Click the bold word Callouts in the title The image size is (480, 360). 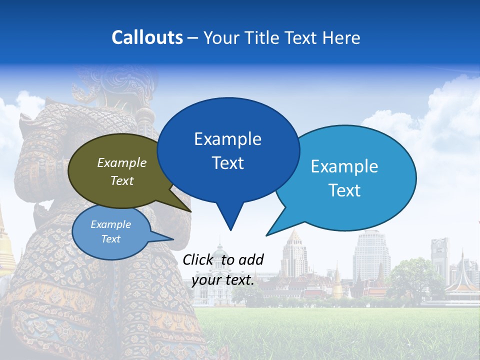tap(147, 37)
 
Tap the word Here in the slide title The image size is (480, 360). tap(341, 37)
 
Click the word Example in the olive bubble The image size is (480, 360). tap(121, 162)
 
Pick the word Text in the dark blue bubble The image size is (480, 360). tap(227, 163)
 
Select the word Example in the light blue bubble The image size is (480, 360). tap(344, 166)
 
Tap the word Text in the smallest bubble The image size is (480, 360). tap(110, 239)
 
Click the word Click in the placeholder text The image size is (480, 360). tap(199, 259)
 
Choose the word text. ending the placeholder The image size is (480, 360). tap(238, 280)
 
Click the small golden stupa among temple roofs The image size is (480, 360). tap(337, 285)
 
